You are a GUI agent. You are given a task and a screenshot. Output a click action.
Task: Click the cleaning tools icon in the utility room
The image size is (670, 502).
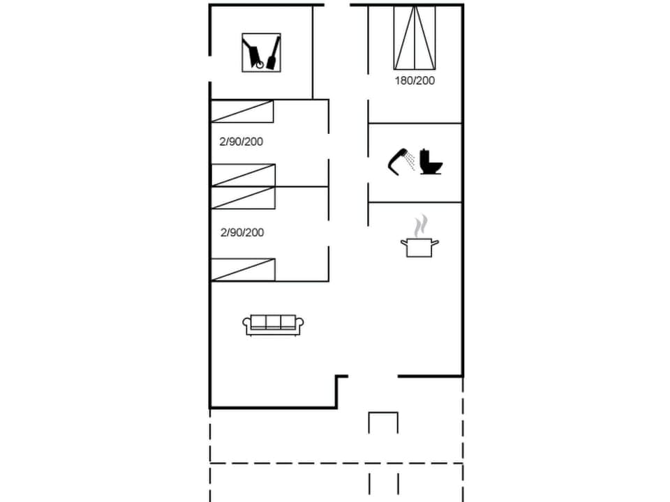click(261, 52)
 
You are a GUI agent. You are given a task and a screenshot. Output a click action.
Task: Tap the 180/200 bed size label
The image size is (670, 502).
click(415, 80)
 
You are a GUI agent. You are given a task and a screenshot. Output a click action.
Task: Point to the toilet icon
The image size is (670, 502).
click(431, 162)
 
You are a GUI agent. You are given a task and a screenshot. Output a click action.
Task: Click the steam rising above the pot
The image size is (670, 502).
click(419, 226)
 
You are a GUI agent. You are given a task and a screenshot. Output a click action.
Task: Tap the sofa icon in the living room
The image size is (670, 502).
click(274, 324)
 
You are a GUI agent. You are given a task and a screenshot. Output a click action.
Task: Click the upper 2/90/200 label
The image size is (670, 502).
click(241, 142)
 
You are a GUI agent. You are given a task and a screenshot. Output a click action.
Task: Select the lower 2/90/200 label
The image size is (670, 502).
click(241, 232)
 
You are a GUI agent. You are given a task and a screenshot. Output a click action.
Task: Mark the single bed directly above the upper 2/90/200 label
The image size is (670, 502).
click(242, 112)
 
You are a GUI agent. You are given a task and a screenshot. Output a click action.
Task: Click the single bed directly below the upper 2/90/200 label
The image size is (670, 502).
click(243, 175)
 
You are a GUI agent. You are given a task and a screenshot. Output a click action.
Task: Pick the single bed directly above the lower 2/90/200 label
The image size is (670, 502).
click(243, 197)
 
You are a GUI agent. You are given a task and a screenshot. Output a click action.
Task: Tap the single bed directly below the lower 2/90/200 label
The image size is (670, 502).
click(243, 270)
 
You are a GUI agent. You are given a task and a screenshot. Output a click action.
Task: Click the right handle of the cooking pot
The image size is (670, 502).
click(435, 242)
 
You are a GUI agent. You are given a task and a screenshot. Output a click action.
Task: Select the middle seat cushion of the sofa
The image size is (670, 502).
click(274, 321)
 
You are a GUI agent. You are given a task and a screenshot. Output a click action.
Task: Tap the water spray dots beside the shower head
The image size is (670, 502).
click(411, 161)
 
